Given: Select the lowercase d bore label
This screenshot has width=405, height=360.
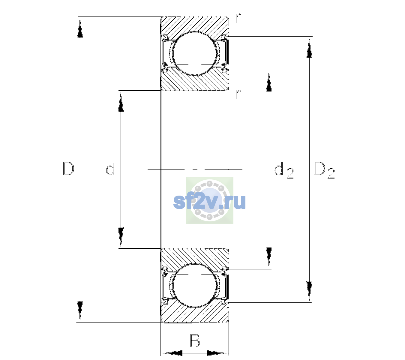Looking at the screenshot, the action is click(x=110, y=169).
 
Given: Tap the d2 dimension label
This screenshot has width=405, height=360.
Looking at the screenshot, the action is click(x=284, y=170).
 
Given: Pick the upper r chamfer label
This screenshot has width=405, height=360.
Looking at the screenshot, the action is click(x=238, y=18).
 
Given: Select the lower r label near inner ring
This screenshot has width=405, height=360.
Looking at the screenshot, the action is click(x=238, y=94).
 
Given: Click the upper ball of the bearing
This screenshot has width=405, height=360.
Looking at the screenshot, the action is click(x=195, y=53).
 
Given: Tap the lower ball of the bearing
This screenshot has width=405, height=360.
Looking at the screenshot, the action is click(x=195, y=285).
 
